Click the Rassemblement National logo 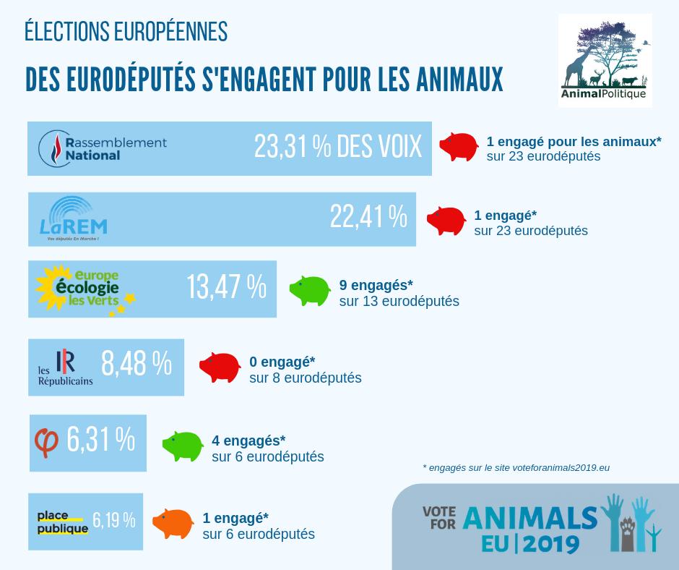point(103,148)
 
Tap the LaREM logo point(69,218)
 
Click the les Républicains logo point(66,367)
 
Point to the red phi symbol point(47,442)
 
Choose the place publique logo point(62,522)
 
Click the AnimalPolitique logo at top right point(605,61)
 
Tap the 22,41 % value point(368,216)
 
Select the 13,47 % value point(226,287)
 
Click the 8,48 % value point(136,364)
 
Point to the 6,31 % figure point(100,440)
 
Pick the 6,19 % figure point(114,520)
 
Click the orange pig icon point(173,522)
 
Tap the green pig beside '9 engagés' point(310,289)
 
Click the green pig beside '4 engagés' point(183,445)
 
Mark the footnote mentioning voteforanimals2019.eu point(516,468)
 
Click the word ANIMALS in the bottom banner point(530,518)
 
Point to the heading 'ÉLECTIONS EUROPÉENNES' point(126,32)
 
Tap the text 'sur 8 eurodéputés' point(305,378)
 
